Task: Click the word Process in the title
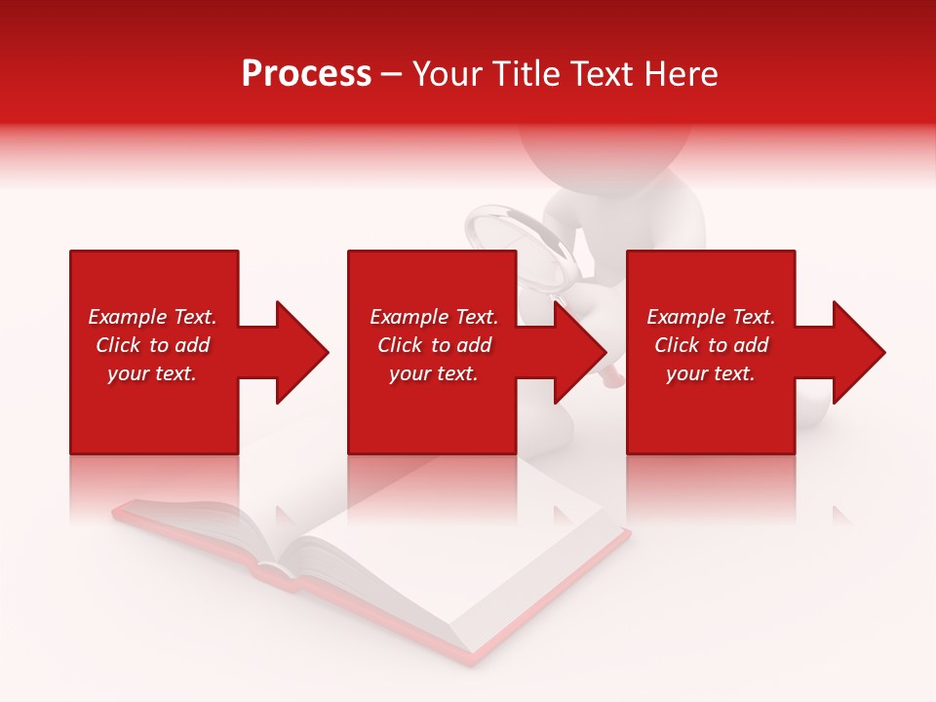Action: coord(306,74)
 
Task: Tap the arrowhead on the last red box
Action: coord(858,352)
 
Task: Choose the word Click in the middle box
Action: coord(400,345)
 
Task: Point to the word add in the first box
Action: coord(193,345)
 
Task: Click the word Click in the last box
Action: coord(677,345)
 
